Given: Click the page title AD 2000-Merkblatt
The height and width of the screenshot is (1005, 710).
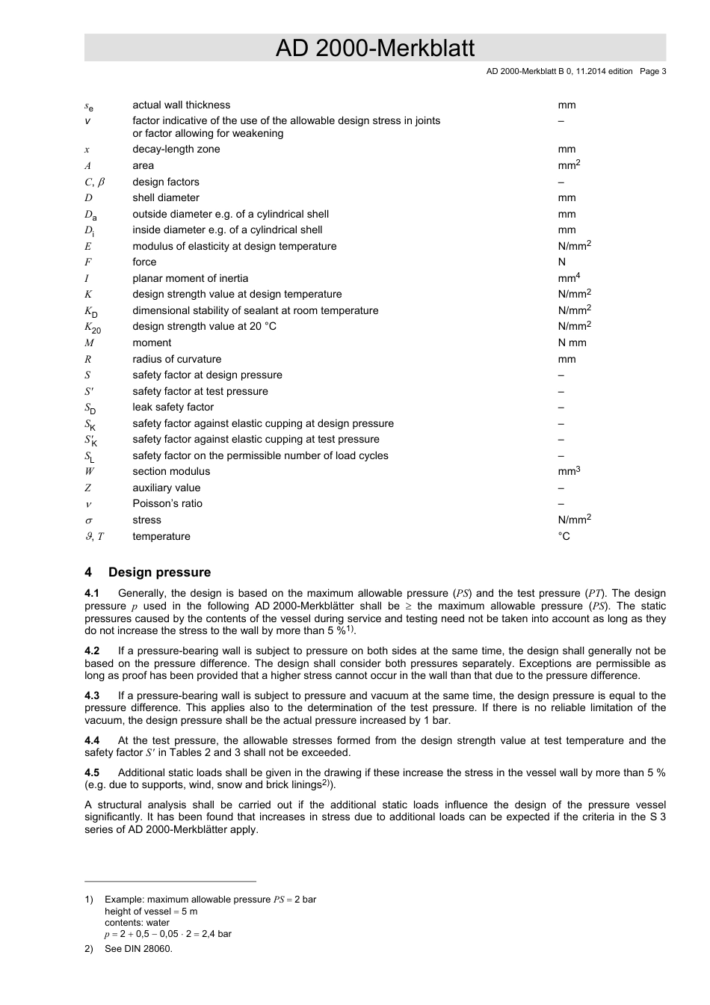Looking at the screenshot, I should [374, 49].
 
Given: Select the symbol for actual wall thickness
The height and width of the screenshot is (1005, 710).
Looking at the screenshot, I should [89, 106].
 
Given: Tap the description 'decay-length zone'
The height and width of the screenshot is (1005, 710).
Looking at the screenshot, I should [176, 150].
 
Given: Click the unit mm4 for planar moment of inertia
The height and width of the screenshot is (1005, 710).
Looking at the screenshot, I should [569, 278].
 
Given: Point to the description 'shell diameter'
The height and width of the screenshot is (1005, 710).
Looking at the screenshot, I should [166, 198].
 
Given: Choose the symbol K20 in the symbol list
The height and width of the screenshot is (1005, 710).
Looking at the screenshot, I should [92, 328].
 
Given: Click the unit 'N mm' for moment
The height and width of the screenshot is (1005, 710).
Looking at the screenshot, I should [572, 343].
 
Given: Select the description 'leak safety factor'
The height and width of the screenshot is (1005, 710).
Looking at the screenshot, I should [173, 408].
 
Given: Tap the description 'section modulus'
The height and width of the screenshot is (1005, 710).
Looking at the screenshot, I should [171, 472].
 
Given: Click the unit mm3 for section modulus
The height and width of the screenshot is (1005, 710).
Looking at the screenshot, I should [569, 471].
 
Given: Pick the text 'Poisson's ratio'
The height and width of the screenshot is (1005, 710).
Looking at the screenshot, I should [167, 504].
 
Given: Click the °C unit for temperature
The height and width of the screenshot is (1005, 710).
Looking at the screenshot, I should [564, 536].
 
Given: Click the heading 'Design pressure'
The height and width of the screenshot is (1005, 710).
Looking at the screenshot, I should [159, 573].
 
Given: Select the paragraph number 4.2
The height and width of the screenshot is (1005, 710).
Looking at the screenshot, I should [92, 651].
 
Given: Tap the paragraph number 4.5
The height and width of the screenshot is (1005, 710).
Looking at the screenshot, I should [92, 773].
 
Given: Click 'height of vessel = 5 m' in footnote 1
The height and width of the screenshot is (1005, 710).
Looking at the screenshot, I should [151, 912].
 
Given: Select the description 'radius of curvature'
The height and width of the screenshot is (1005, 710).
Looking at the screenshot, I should [176, 360].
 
